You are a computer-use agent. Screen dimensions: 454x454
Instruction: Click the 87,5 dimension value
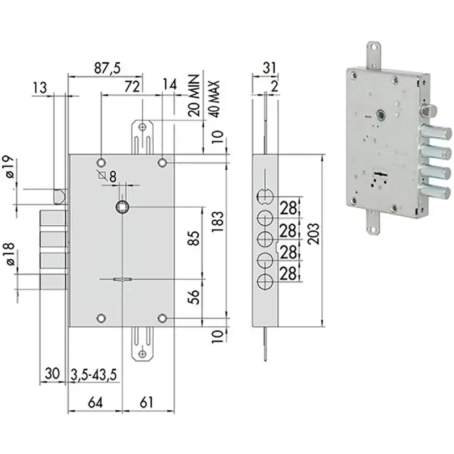point(107,68)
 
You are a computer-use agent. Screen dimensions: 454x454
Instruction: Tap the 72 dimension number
point(132,86)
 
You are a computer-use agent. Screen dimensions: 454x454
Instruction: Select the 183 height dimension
point(218,221)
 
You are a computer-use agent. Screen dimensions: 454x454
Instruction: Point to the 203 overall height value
point(313,233)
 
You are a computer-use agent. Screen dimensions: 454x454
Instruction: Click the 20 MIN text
point(194,95)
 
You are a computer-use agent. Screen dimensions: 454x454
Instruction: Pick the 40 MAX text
point(214,99)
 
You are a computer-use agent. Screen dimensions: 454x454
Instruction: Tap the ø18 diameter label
point(10,254)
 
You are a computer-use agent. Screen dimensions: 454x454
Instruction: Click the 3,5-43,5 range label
point(94,375)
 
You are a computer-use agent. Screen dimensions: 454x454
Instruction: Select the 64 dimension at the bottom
point(95,402)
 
